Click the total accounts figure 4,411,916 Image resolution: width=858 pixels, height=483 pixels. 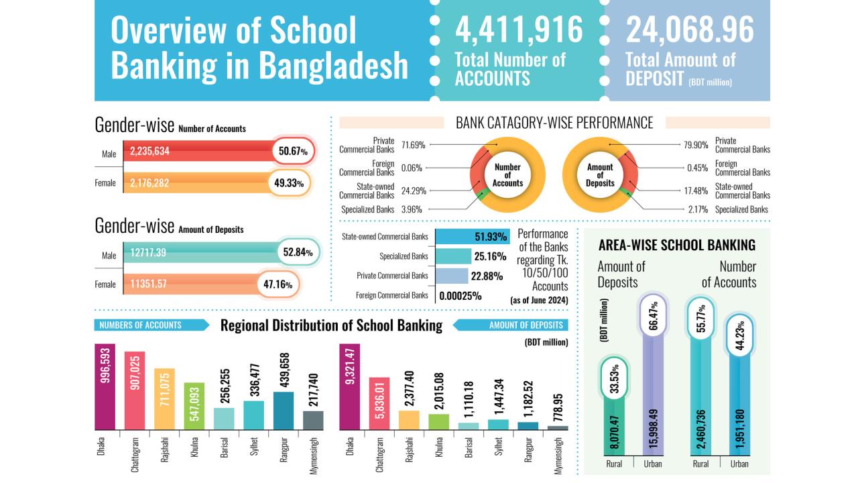519,30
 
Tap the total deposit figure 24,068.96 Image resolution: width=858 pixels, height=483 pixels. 690,30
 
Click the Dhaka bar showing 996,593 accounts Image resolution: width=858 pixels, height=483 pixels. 105,386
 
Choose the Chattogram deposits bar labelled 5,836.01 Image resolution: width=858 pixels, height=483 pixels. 379,402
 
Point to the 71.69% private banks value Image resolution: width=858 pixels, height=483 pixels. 414,144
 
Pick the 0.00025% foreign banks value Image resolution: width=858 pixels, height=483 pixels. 461,295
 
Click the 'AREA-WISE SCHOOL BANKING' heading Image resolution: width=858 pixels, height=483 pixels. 676,245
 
